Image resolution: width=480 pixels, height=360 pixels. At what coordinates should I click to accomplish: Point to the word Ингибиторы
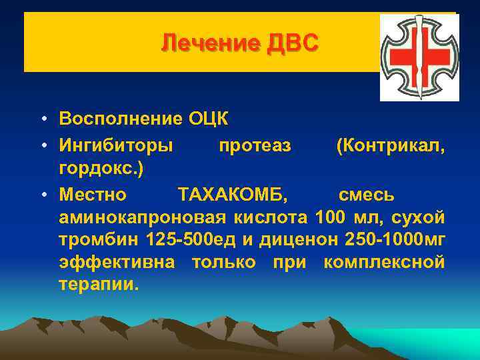click(116, 145)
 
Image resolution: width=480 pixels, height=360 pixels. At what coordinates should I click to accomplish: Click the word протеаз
click(255, 145)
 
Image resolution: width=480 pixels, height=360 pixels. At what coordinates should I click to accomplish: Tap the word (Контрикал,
click(390, 145)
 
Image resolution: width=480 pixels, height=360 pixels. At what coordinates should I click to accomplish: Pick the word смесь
click(366, 195)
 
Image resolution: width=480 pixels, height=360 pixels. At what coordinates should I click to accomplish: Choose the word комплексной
click(383, 263)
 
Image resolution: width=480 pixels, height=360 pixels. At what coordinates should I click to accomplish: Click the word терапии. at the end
click(99, 285)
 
